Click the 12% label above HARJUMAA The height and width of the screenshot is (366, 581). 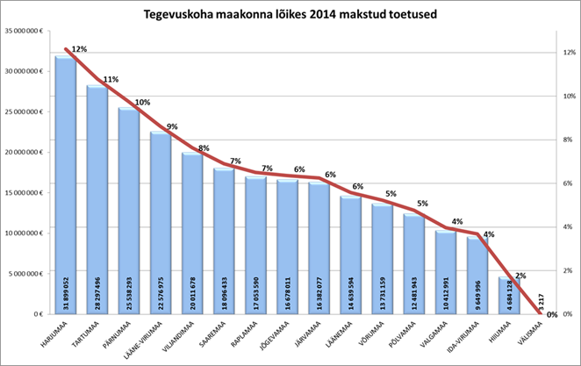pyautogui.click(x=79, y=49)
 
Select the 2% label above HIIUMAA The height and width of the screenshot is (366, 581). pyautogui.click(x=520, y=276)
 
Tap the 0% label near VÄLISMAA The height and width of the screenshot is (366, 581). pyautogui.click(x=552, y=314)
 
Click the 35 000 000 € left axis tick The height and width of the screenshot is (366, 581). pyautogui.click(x=25, y=31)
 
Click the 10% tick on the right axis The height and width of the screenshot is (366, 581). pyautogui.click(x=568, y=96)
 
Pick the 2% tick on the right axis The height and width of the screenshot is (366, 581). pyautogui.click(x=567, y=270)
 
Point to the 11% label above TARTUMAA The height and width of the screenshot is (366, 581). pyautogui.click(x=111, y=79)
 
